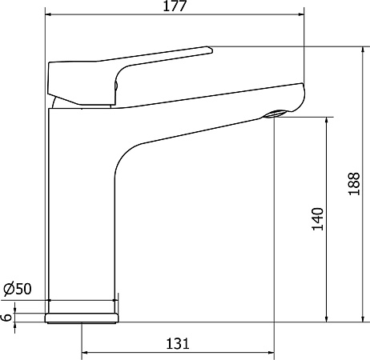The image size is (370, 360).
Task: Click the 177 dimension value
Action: coord(175,7)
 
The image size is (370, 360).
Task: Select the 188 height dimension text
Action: coord(354,186)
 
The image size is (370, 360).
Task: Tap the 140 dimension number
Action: coord(318,220)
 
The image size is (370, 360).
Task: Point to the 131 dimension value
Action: coord(177,343)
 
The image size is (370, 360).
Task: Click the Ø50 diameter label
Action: coord(18,289)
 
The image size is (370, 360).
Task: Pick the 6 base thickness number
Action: coord(7,317)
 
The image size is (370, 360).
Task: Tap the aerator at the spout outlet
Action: coord(275,114)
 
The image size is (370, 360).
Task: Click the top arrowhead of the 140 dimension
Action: coord(327,120)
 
